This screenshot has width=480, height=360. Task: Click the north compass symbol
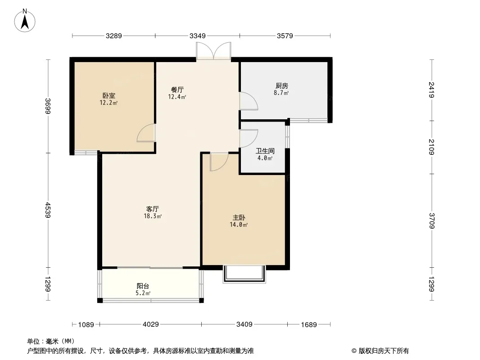click(x=26, y=20)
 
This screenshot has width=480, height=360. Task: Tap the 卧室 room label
click(x=109, y=99)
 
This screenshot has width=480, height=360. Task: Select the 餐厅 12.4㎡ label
click(x=177, y=93)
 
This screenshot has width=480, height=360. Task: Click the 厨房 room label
click(x=281, y=89)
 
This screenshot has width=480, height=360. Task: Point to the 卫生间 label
click(x=265, y=155)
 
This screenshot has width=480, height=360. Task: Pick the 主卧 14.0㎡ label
click(x=239, y=220)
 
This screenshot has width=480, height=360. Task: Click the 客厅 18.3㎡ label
click(x=153, y=212)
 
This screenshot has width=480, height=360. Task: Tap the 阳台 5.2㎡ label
click(x=143, y=289)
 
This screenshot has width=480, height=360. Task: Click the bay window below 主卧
click(x=245, y=274)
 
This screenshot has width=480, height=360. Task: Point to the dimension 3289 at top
click(x=114, y=36)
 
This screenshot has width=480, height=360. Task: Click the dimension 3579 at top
click(x=285, y=36)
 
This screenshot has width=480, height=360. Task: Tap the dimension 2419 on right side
click(x=431, y=90)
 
